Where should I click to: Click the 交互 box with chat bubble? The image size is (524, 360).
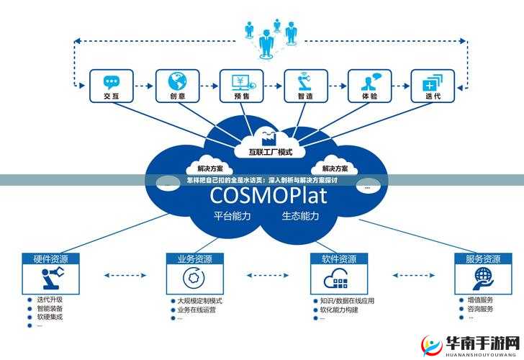pos(111,86)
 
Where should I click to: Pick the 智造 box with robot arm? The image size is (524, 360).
pos(304,86)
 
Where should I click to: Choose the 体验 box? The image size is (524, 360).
pos(369,86)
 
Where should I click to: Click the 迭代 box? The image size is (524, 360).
pos(433,86)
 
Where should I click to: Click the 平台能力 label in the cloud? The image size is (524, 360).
pos(232,215)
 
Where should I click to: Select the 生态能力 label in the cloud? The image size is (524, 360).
pos(301,215)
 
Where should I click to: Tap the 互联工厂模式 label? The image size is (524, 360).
pos(270,152)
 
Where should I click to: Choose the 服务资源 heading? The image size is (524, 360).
pos(482,258)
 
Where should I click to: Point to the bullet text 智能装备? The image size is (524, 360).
pos(50,307)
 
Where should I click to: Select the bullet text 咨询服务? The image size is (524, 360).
pos(480,308)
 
